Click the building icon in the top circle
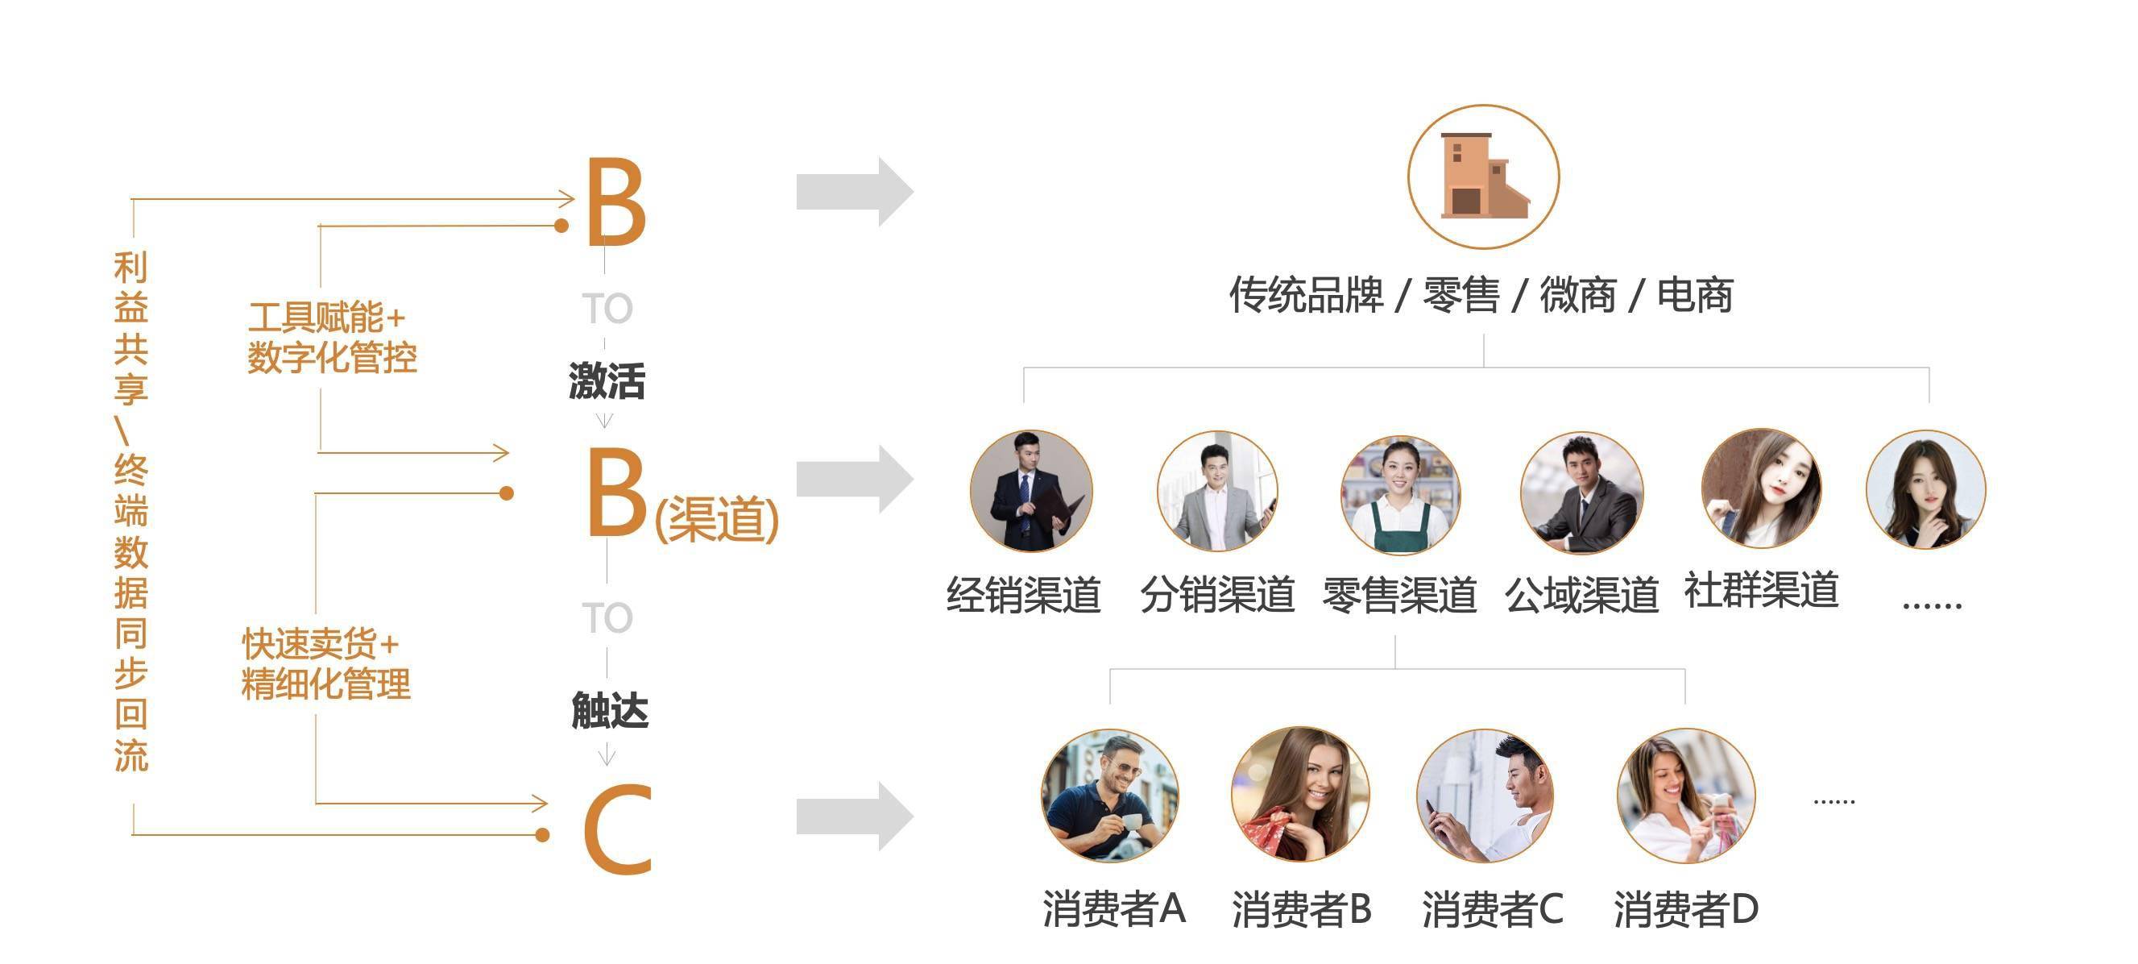pos(1483,176)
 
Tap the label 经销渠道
pos(1023,595)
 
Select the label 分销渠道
pos(1216,595)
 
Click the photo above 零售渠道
pos(1401,494)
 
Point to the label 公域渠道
pos(1581,595)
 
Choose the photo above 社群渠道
pos(1761,488)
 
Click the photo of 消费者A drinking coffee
pos(1109,796)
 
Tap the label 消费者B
pos(1301,908)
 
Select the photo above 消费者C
pos(1485,796)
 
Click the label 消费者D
pos(1685,908)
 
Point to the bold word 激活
pos(607,381)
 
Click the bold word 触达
pos(610,711)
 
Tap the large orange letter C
pos(618,829)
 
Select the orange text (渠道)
pos(717,519)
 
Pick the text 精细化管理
pos(326,684)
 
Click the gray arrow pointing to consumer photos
pos(855,817)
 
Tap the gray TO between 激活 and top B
pos(607,309)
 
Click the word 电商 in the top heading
pos(1695,295)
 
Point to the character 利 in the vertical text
pos(131,268)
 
